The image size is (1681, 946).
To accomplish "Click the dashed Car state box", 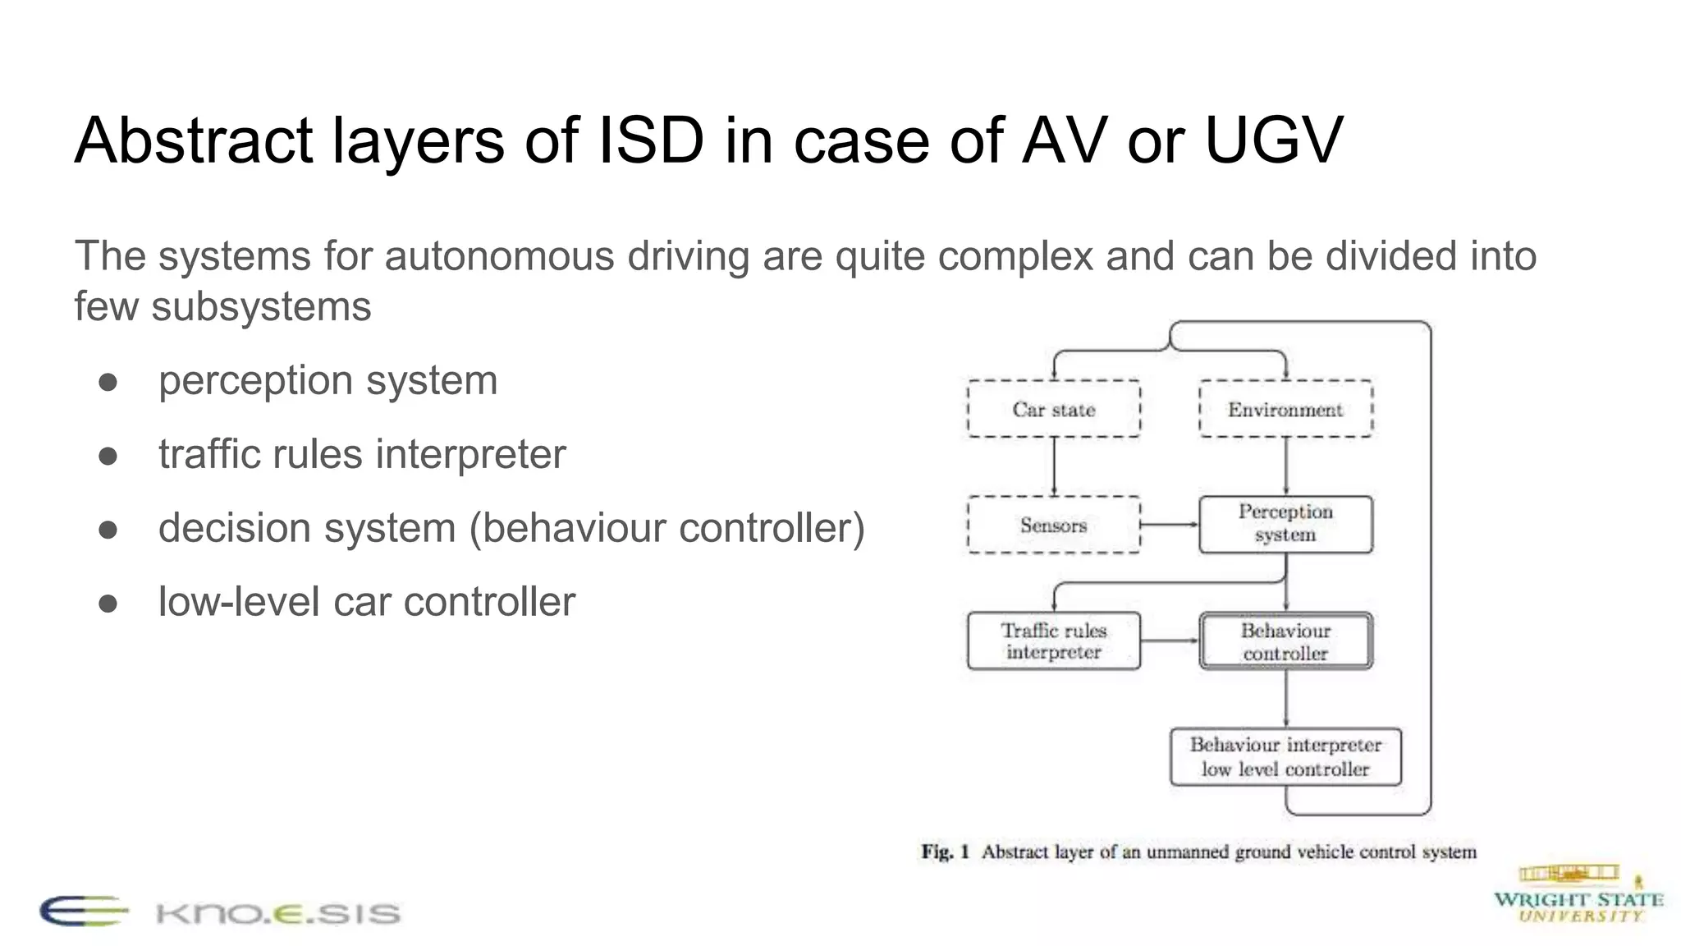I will coord(1054,409).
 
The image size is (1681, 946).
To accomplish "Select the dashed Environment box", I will coord(1285,409).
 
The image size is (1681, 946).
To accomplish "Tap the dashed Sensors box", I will coord(1054,525).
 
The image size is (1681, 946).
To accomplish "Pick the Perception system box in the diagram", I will coord(1285,524).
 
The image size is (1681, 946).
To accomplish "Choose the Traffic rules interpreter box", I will coord(1054,641).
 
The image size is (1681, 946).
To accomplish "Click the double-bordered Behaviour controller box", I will coord(1285,641).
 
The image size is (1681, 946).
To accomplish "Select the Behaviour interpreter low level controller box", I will coord(1285,756).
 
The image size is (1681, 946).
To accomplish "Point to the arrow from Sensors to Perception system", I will coord(1170,525).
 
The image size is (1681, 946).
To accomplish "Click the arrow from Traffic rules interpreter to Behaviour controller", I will coord(1170,641).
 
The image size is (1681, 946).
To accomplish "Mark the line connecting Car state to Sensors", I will coord(1054,466).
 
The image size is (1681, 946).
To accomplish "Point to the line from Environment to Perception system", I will coord(1285,466).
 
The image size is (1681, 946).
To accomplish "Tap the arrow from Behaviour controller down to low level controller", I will coord(1285,699).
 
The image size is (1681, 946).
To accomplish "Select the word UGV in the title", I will coord(1273,140).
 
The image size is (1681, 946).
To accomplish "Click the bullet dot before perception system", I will coord(108,382).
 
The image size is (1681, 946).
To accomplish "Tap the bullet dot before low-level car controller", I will coord(108,604).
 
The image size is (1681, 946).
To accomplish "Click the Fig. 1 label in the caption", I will coord(945,852).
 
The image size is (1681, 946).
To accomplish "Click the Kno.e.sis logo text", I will coord(277,913).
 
